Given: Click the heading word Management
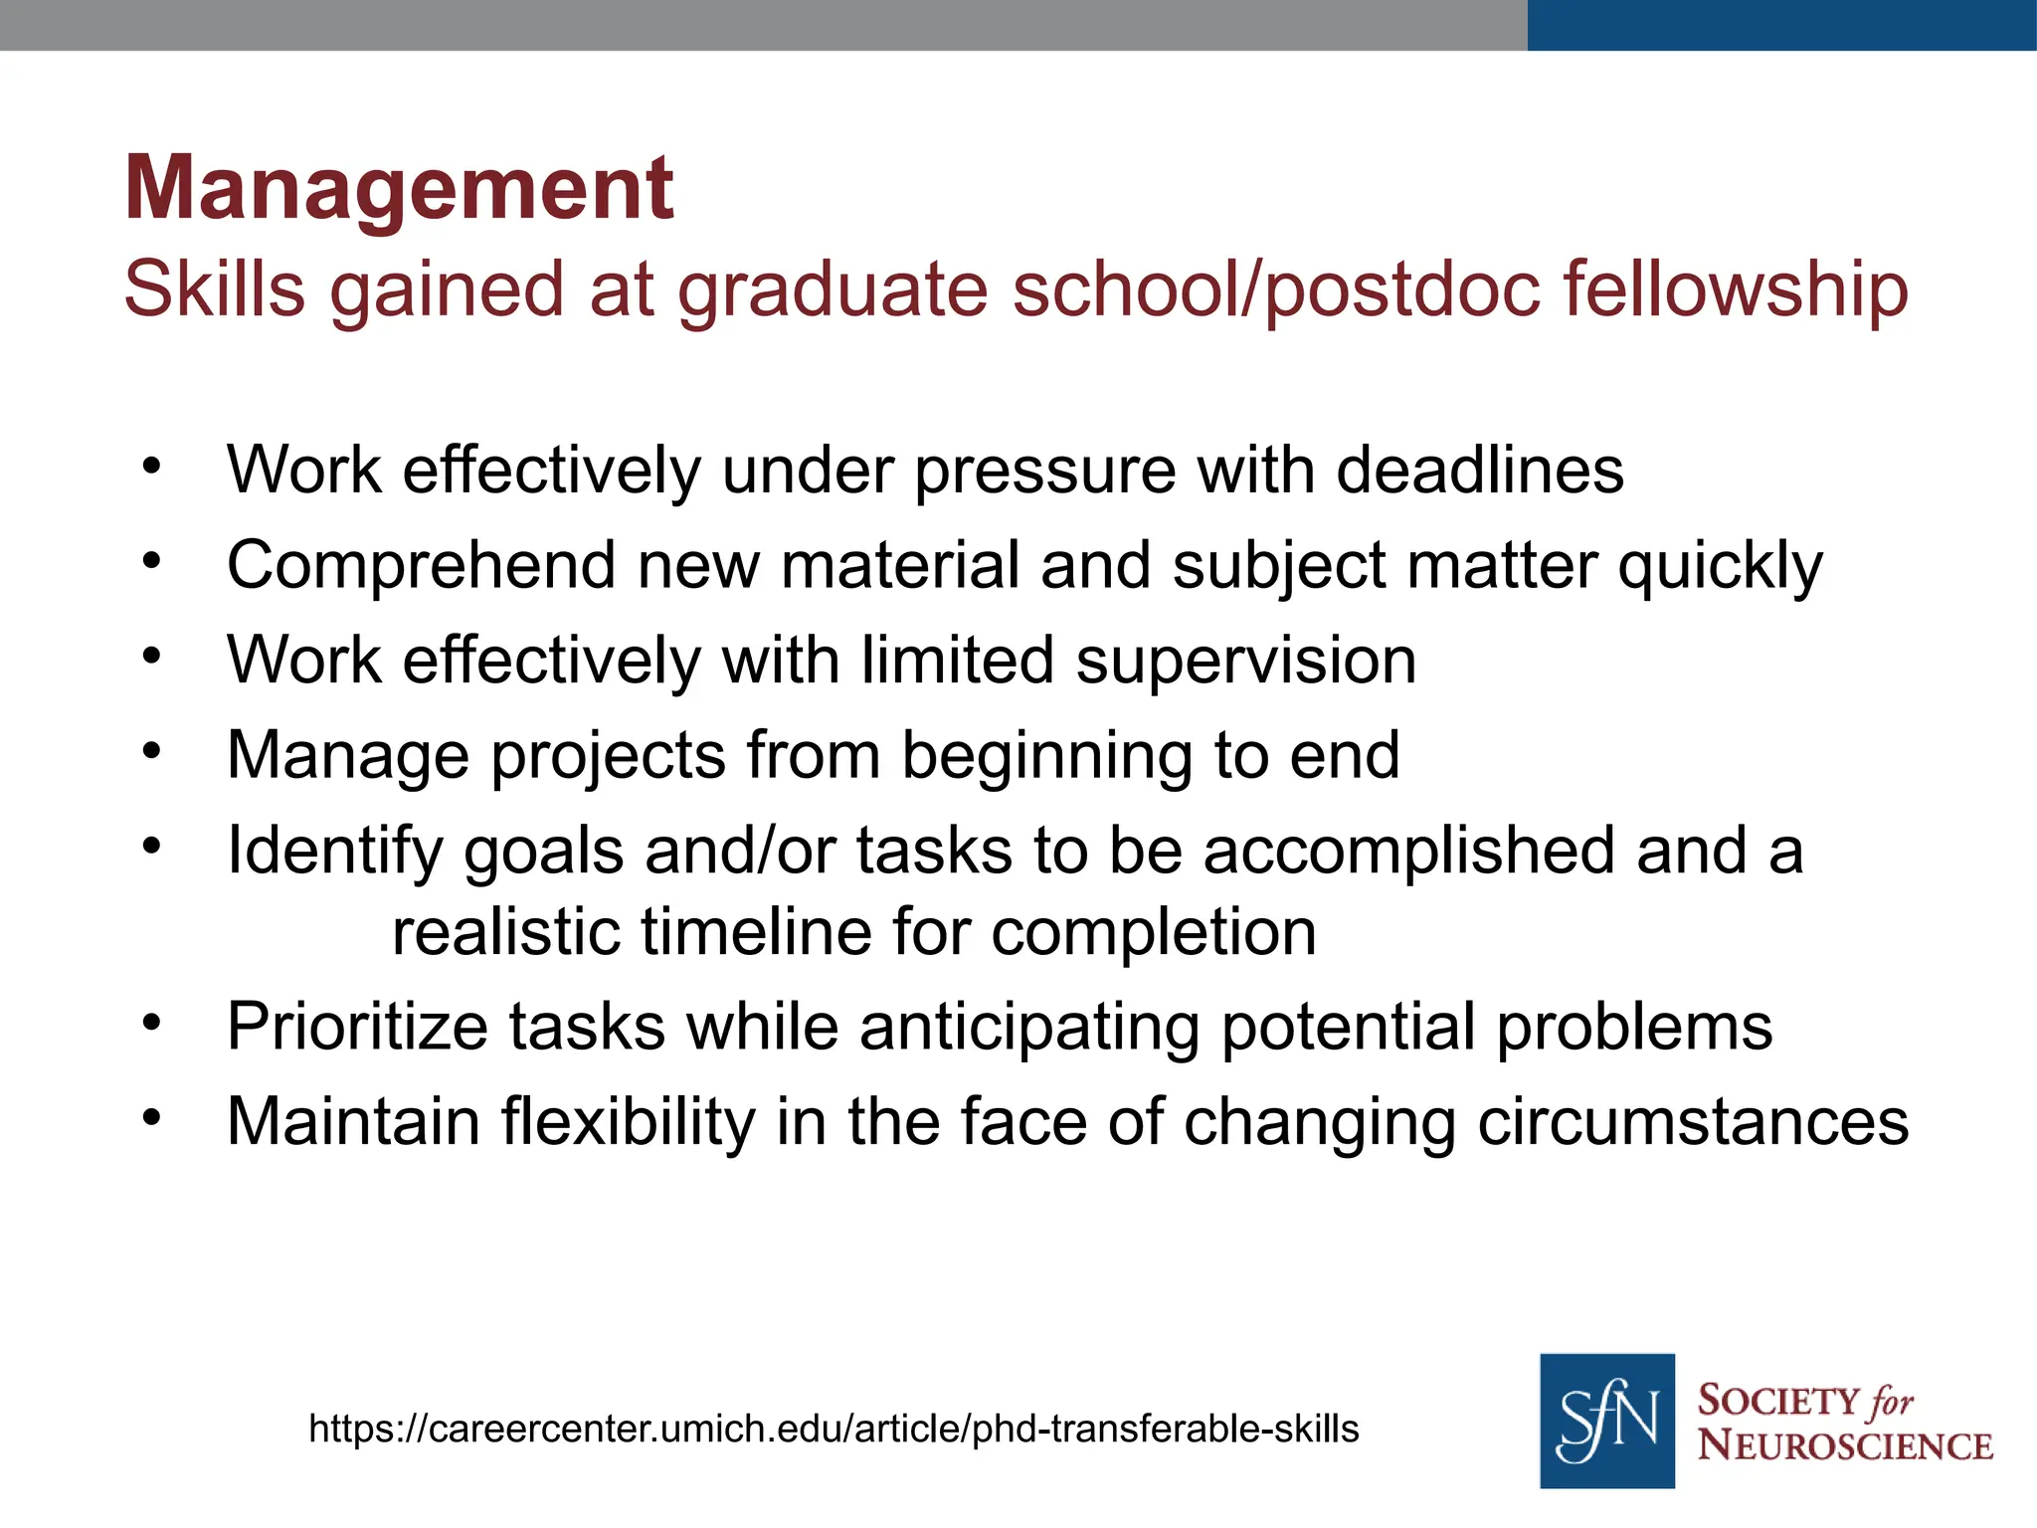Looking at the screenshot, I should [x=399, y=189].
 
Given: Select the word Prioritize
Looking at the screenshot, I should [x=357, y=1028].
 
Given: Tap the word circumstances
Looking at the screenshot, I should [x=1693, y=1123].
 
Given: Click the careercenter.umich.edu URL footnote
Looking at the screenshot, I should [x=833, y=1430].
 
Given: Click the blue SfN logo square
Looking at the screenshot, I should [x=1606, y=1421].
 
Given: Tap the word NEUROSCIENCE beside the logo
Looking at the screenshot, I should [x=1845, y=1445].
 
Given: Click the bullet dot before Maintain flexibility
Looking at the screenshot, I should [x=151, y=1117].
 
